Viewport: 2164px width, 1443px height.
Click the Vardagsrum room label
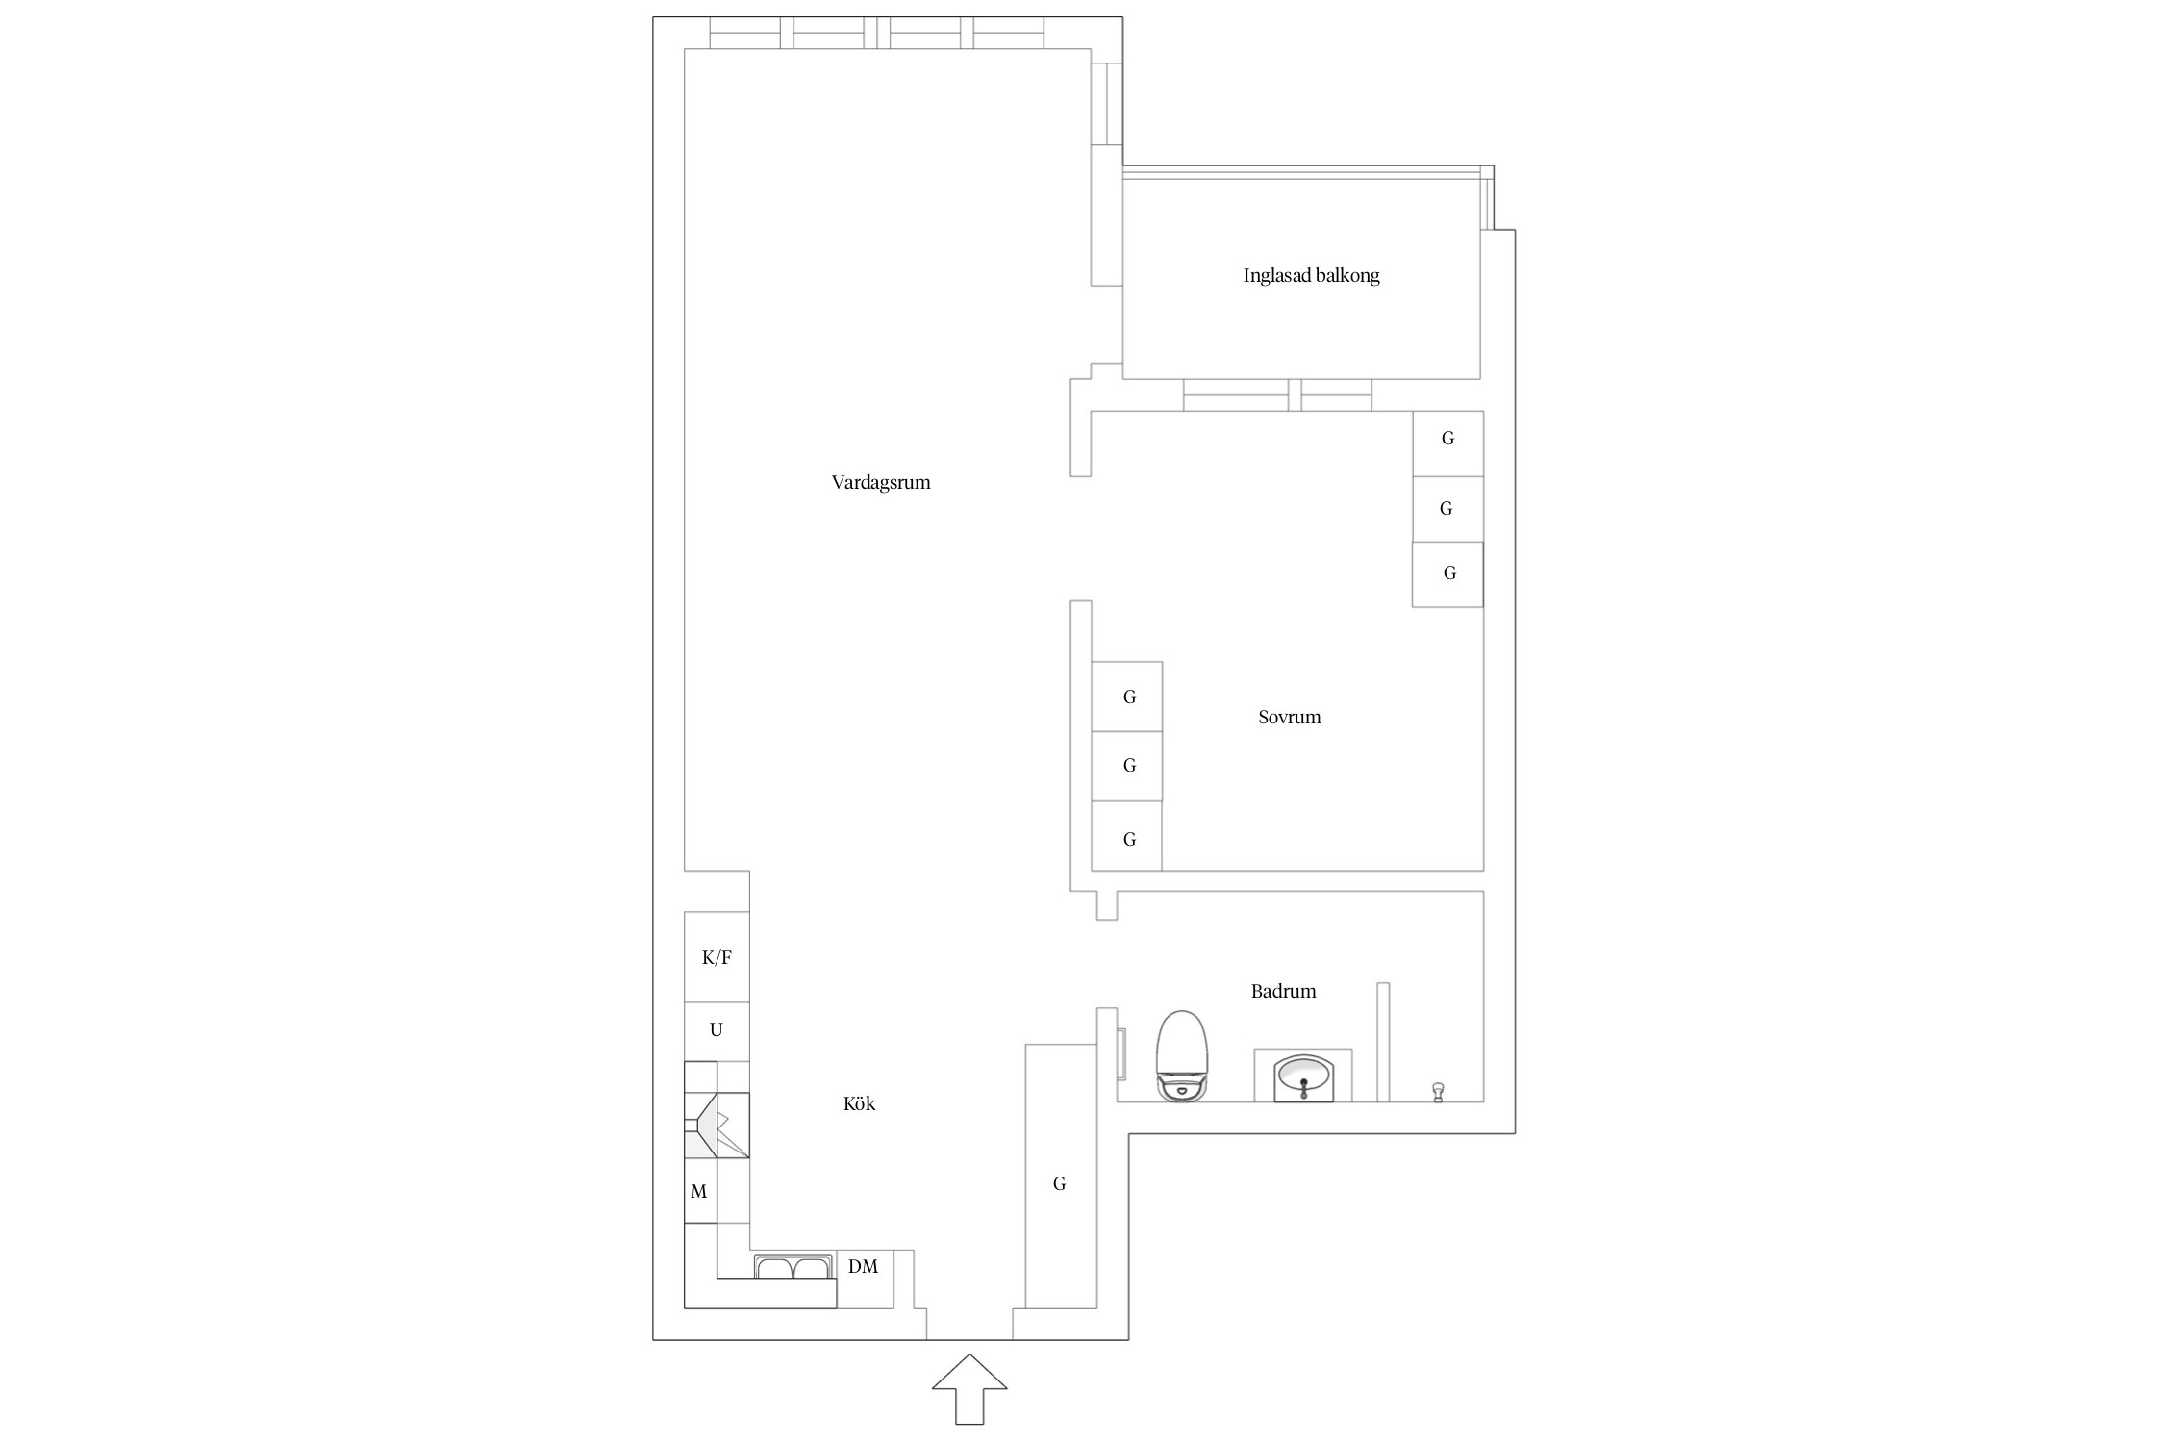tap(881, 483)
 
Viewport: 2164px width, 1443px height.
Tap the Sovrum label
tap(1289, 717)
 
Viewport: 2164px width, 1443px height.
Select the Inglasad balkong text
tap(1311, 276)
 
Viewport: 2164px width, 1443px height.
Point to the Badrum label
tap(1283, 991)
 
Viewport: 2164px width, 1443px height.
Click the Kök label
tap(859, 1103)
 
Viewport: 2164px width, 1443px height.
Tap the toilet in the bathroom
tap(1182, 1055)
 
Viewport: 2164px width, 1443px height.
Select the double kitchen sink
tap(793, 1267)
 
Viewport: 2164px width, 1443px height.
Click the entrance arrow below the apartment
tap(969, 1388)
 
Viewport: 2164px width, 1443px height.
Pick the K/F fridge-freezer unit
tap(717, 957)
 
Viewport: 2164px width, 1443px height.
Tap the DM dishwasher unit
tap(865, 1278)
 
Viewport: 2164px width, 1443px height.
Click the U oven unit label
tap(716, 1030)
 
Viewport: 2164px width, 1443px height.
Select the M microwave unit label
tap(699, 1192)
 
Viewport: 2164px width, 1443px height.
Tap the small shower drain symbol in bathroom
tap(1438, 1092)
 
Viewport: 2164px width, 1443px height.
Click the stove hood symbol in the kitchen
tap(717, 1125)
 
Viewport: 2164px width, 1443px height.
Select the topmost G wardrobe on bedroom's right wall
tap(1447, 443)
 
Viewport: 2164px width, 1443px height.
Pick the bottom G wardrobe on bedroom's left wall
tap(1126, 836)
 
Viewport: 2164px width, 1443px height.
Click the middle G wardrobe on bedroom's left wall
tap(1126, 766)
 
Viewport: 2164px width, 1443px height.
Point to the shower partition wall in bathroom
tap(1383, 1042)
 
